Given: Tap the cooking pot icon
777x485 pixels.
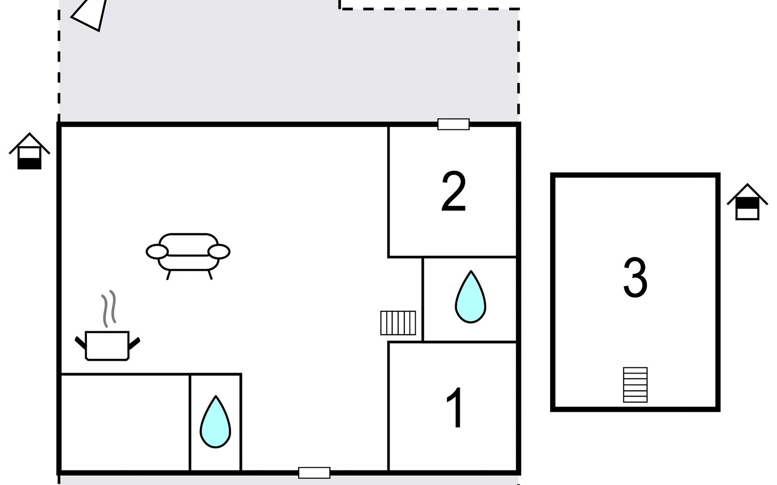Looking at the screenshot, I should point(107,346).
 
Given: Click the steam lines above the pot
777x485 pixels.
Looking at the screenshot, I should point(109,308).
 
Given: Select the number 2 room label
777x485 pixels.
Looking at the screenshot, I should point(453,192).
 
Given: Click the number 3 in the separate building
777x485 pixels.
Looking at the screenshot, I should point(635,278).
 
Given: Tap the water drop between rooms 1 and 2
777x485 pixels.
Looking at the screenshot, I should point(470,297).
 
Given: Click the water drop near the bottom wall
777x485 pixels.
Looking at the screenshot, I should point(215,422).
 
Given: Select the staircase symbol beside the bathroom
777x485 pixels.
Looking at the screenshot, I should point(398,323).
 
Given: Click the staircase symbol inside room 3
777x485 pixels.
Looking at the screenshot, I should point(635,385).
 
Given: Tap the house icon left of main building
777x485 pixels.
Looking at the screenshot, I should point(30,152).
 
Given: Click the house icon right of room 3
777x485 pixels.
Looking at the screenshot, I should point(747,202).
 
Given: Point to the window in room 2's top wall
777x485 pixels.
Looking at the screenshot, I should point(453,124).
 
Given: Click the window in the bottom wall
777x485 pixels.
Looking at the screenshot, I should point(314,472).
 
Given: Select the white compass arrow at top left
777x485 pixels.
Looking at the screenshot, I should point(91,14).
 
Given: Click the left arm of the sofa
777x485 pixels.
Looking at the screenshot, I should point(157,252).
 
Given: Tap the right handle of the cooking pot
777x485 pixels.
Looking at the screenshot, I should point(134,344).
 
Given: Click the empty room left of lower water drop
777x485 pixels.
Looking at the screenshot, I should point(125,422).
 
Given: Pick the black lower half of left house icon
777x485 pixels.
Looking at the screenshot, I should point(30,164).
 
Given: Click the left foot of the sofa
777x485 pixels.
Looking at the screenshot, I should point(168,275).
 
